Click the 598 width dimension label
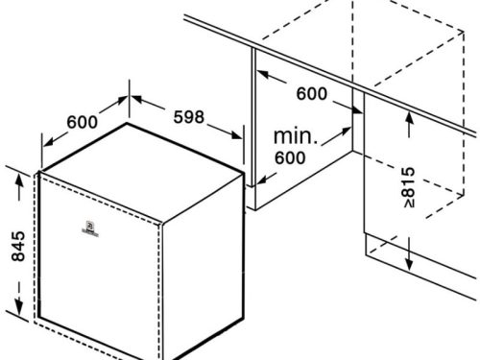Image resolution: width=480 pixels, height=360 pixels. coord(189,117)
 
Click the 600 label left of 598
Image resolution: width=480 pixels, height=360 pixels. coord(84,122)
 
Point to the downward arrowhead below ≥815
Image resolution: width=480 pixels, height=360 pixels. coord(410,265)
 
